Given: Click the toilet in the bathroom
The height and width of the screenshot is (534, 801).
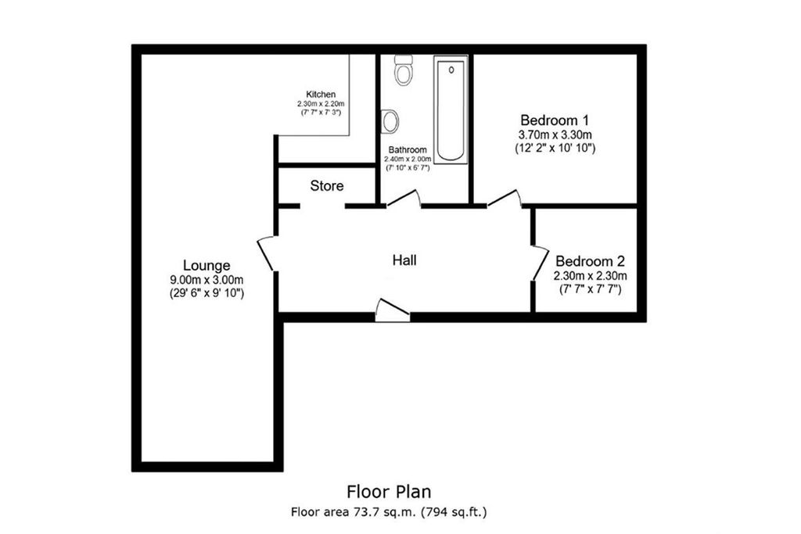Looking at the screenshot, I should click(404, 71).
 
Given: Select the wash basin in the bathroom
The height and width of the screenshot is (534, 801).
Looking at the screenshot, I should click(390, 120).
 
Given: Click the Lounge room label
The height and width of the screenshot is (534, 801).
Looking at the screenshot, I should click(207, 265).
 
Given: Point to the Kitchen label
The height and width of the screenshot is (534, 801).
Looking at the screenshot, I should click(321, 94).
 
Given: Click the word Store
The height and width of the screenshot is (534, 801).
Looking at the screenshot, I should click(327, 186).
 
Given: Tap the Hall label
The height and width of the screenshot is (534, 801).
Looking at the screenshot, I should click(404, 260).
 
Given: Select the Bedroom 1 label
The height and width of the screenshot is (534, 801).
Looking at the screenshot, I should click(555, 120).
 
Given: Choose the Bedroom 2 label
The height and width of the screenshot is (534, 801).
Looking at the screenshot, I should click(591, 261).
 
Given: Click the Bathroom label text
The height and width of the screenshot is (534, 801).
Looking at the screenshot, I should click(408, 149).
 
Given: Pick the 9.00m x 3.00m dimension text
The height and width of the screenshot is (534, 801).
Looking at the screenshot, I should click(207, 280).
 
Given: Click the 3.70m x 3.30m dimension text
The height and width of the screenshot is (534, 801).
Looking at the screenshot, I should click(555, 134).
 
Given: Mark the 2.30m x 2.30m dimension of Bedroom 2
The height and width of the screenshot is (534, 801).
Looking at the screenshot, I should click(591, 275).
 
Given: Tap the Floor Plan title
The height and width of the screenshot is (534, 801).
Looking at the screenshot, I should click(389, 492).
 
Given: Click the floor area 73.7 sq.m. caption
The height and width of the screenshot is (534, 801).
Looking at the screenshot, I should click(390, 512).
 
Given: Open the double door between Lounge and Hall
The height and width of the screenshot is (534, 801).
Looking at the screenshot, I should click(266, 253).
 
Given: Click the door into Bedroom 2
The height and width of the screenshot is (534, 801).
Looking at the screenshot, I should click(540, 263).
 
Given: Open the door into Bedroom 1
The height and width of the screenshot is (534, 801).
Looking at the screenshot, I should click(505, 199).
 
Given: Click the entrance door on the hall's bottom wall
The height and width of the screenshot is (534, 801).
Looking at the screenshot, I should click(392, 310).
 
